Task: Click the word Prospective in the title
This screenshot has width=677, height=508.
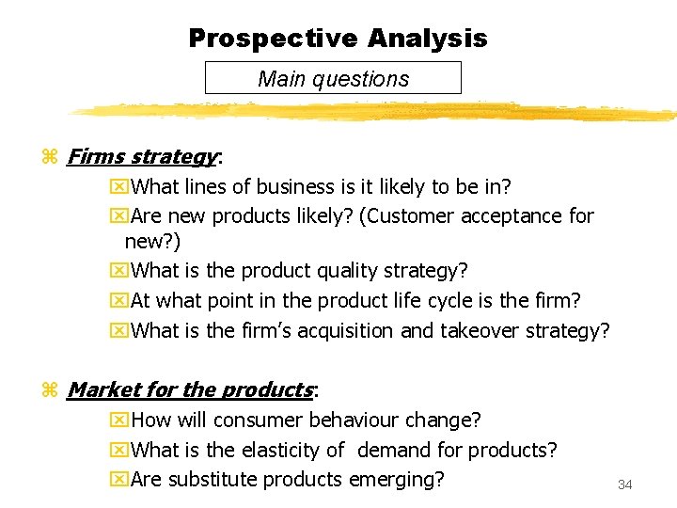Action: [274, 39]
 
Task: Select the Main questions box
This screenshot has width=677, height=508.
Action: [333, 78]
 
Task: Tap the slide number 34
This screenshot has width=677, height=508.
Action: [625, 484]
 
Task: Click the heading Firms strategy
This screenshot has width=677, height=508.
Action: [142, 156]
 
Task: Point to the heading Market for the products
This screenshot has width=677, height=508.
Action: [190, 389]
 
